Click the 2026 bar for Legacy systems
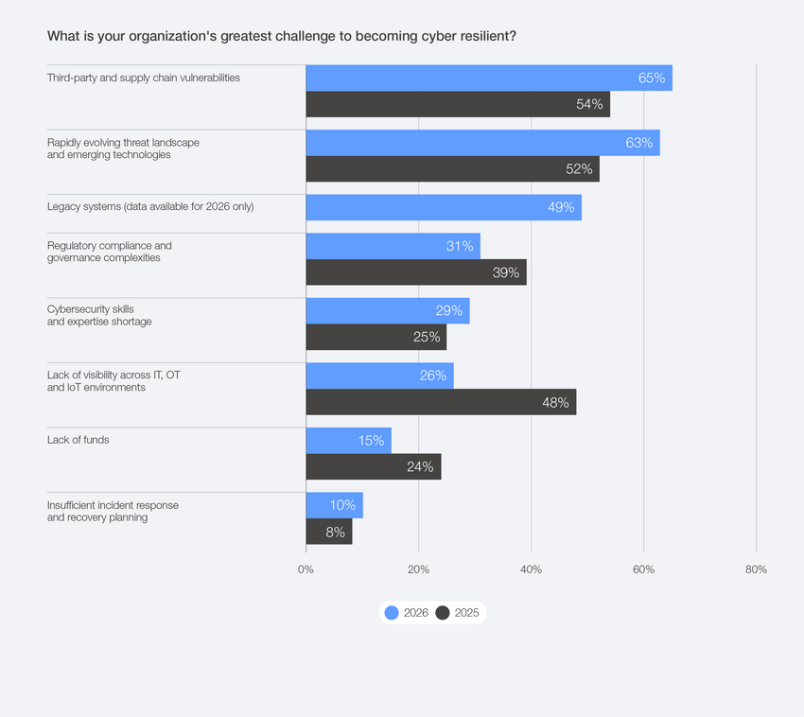click(x=443, y=207)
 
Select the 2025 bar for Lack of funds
click(x=373, y=466)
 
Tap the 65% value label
click(x=652, y=78)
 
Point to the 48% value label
click(x=555, y=402)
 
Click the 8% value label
click(x=335, y=532)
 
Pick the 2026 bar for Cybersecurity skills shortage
click(x=387, y=311)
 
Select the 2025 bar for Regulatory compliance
click(x=415, y=272)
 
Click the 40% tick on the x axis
click(x=531, y=569)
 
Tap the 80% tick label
click(x=756, y=569)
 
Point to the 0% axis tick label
click(x=306, y=569)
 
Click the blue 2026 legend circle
click(x=392, y=613)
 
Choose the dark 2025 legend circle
click(x=443, y=613)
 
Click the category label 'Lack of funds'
click(x=79, y=440)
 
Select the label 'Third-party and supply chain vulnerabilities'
click(x=144, y=78)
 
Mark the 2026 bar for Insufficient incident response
click(x=334, y=505)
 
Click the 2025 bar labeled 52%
click(x=452, y=169)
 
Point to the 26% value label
click(x=433, y=376)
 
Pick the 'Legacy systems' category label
click(x=150, y=207)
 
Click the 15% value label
click(x=371, y=440)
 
